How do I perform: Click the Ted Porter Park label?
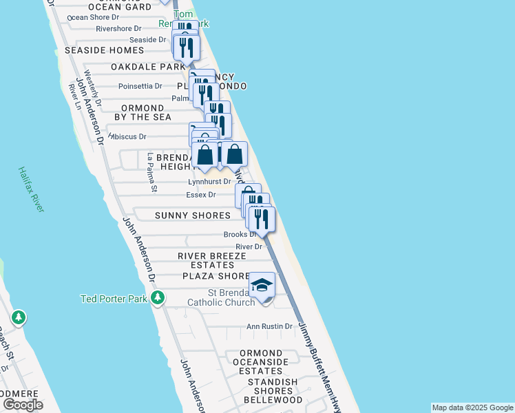(114, 298)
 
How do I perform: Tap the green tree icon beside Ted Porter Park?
(158, 298)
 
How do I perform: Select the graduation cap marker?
(262, 285)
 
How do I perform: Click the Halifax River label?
(32, 189)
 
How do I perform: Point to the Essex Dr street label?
(201, 195)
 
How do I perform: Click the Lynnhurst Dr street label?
(209, 182)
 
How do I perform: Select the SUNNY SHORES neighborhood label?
(192, 215)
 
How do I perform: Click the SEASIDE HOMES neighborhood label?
(105, 50)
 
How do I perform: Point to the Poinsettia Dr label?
(140, 86)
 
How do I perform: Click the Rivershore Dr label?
(118, 29)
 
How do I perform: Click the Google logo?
(23, 405)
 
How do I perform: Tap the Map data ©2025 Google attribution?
(472, 407)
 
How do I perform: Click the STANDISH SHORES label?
(273, 382)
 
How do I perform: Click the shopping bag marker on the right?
(234, 155)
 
